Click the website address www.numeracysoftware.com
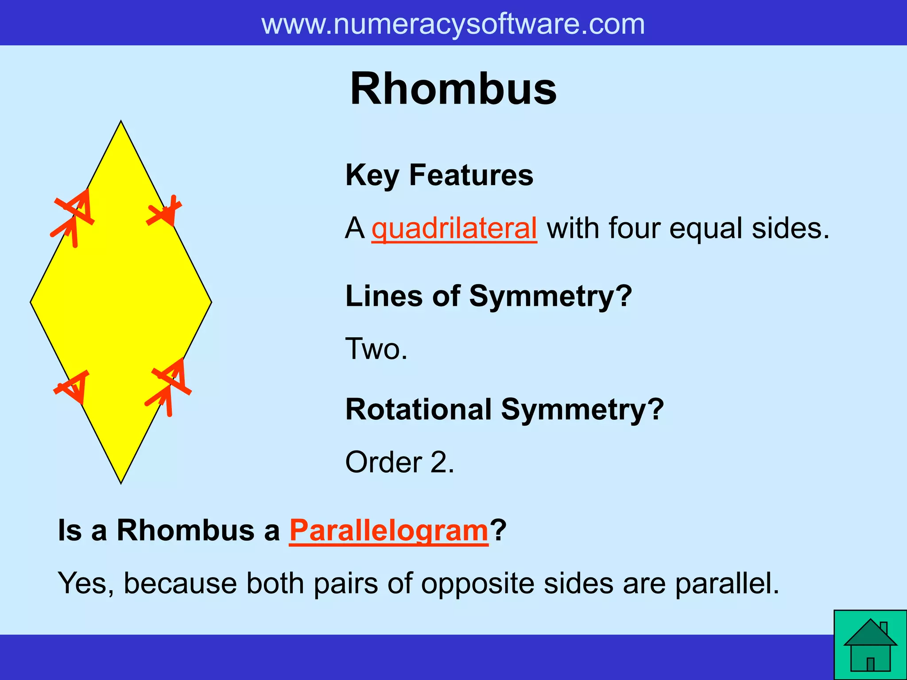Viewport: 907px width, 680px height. coord(453,24)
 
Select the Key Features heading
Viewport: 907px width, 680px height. coord(439,175)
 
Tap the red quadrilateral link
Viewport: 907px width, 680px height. coord(454,228)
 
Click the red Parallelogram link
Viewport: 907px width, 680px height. coord(389,530)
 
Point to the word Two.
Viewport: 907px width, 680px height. coord(376,349)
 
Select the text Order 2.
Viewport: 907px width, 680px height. coord(399,462)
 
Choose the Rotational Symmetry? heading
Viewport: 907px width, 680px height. coord(504,409)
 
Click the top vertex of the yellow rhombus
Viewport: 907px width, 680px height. coord(121,122)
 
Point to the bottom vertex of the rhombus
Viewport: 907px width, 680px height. coord(121,482)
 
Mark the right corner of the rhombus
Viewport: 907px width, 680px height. coord(211,302)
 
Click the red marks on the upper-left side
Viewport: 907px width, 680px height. coord(73,217)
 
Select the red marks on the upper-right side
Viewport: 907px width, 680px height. coord(164,211)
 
